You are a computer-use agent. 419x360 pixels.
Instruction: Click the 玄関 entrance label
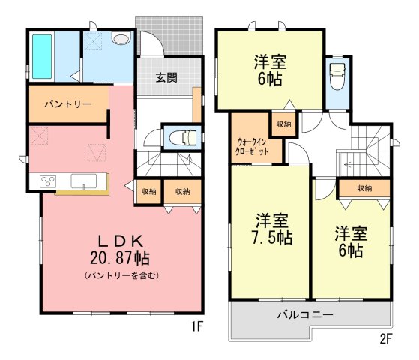[x=166, y=78]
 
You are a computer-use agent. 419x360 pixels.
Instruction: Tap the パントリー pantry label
[x=68, y=103]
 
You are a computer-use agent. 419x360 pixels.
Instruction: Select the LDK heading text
[x=121, y=241]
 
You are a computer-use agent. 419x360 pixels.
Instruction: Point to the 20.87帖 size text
[x=120, y=258]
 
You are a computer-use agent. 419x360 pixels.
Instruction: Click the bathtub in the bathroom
[x=42, y=57]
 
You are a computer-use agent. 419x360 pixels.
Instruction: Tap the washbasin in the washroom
[x=121, y=38]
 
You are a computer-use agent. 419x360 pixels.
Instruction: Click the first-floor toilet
[x=184, y=137]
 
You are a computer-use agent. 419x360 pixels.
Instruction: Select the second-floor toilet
[x=337, y=76]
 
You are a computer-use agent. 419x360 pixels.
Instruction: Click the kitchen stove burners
[x=48, y=181]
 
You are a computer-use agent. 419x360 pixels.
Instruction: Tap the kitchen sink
[x=84, y=181]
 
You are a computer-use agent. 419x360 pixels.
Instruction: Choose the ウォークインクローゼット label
[x=252, y=147]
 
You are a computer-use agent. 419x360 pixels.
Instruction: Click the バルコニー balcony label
[x=305, y=314]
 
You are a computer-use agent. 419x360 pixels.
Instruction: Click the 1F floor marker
[x=197, y=326]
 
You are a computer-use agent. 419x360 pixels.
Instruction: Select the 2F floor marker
[x=386, y=339]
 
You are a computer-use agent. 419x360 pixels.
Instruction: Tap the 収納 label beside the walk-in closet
[x=283, y=124]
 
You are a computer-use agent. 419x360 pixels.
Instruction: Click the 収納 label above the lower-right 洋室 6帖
[x=364, y=188]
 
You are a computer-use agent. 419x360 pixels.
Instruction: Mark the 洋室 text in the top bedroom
[x=270, y=61]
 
